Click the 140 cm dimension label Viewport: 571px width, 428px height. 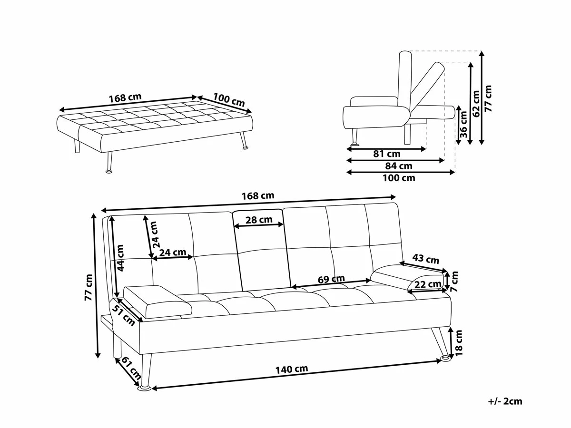(291, 369)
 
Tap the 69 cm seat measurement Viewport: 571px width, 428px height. (332, 280)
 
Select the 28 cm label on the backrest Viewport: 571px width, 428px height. (259, 220)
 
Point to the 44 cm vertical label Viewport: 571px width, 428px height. (121, 258)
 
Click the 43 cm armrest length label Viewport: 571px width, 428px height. (426, 260)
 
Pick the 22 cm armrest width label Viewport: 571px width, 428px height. (427, 284)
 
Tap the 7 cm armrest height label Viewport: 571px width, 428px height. (455, 281)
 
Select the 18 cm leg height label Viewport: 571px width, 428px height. (459, 343)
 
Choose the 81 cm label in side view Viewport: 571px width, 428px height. (387, 154)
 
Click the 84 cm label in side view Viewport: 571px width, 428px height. (399, 166)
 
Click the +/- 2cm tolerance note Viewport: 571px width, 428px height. (505, 401)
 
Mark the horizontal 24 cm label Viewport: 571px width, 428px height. (173, 253)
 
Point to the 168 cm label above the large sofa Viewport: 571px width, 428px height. (258, 195)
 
